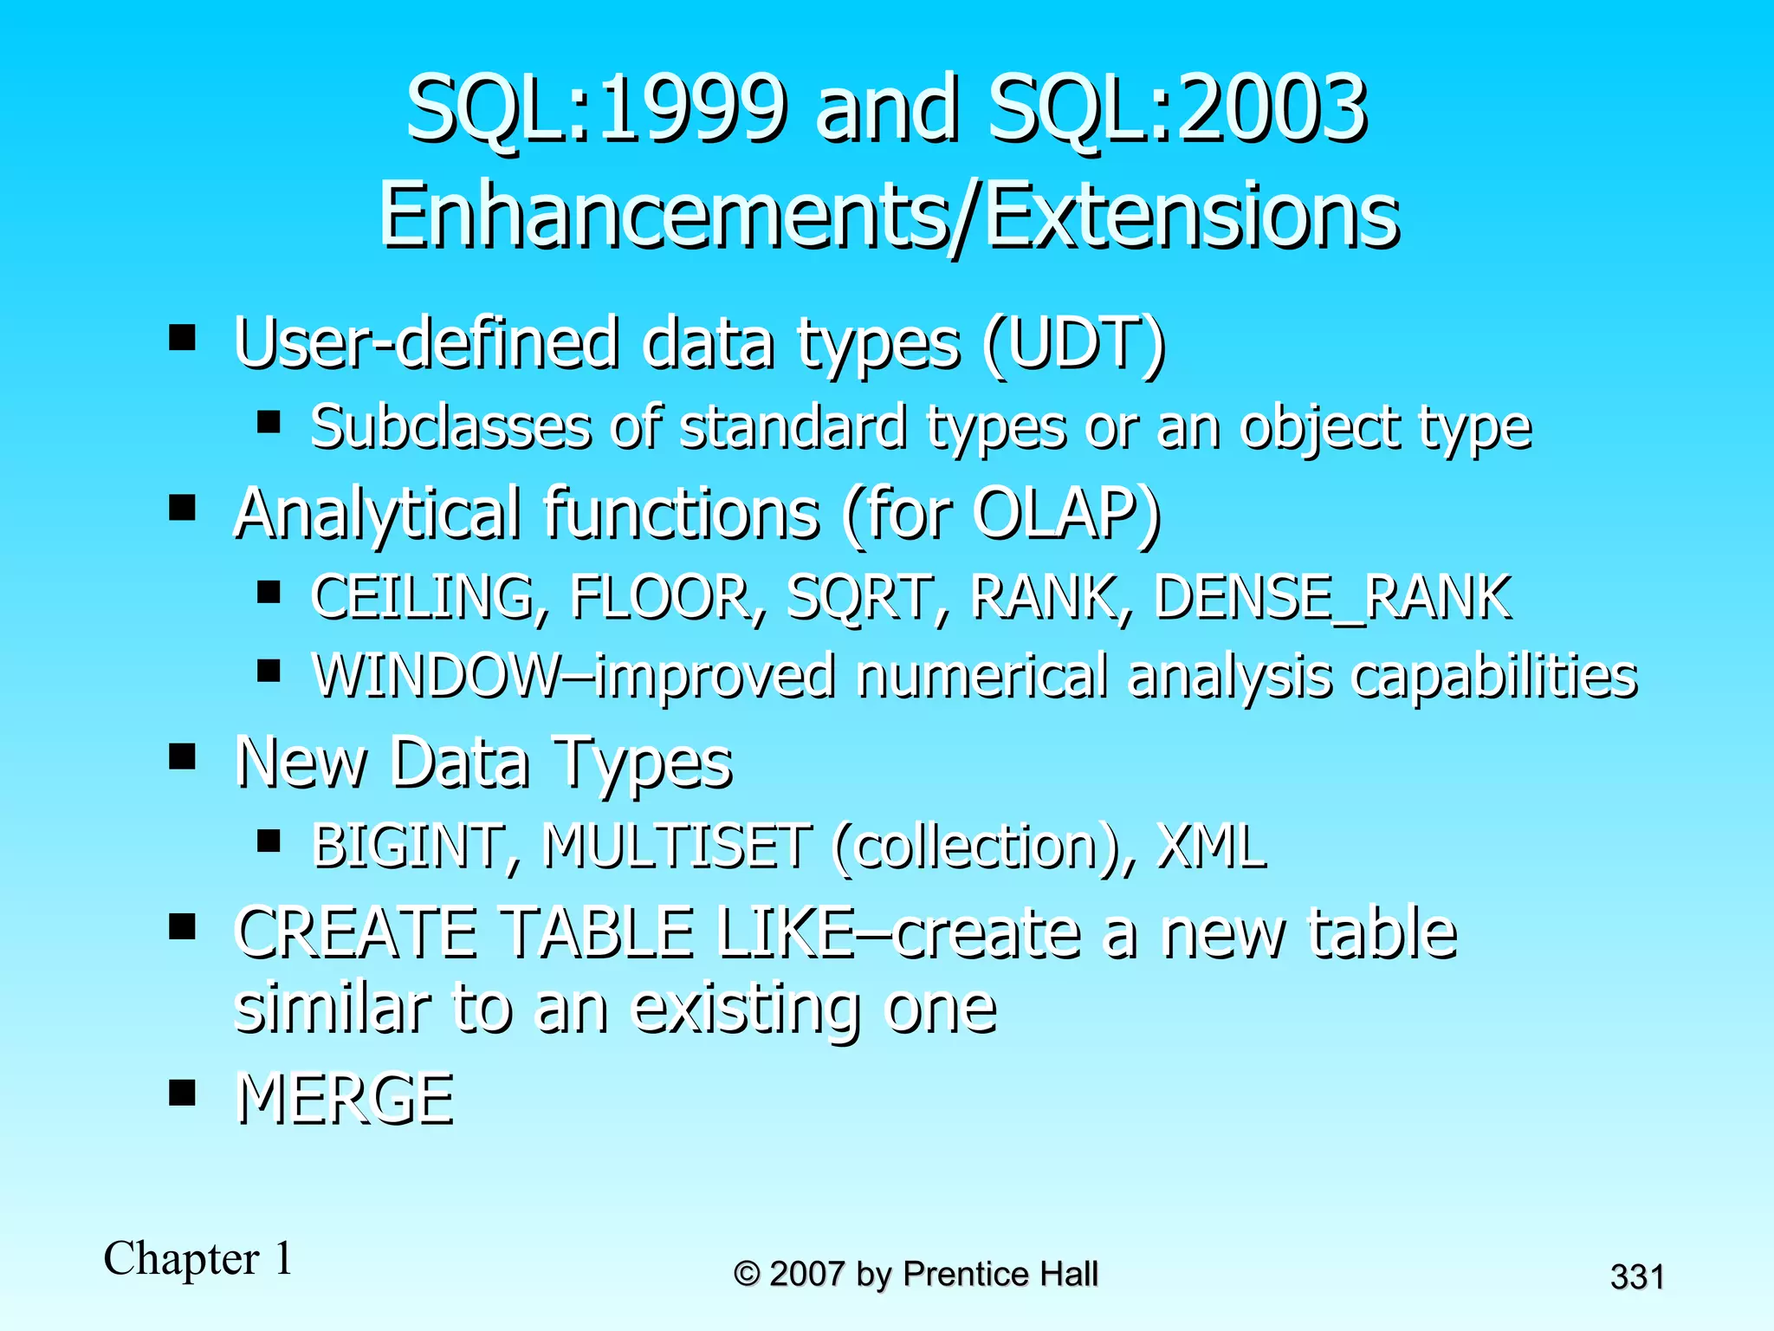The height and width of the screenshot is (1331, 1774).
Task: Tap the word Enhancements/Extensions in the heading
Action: click(x=889, y=216)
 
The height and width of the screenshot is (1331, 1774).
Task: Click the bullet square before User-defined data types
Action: click(x=182, y=336)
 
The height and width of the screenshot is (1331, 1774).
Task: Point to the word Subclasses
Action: click(x=451, y=427)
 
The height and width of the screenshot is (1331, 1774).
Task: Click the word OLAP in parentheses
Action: click(x=1053, y=513)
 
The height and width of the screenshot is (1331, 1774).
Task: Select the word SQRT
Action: click(x=858, y=598)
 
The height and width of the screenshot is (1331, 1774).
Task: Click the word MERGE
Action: click(x=345, y=1099)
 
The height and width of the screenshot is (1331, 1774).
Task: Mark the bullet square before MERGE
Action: click(x=182, y=1093)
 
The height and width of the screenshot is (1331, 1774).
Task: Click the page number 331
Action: click(x=1636, y=1277)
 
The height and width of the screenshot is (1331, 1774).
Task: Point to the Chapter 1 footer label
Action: click(x=198, y=1258)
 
